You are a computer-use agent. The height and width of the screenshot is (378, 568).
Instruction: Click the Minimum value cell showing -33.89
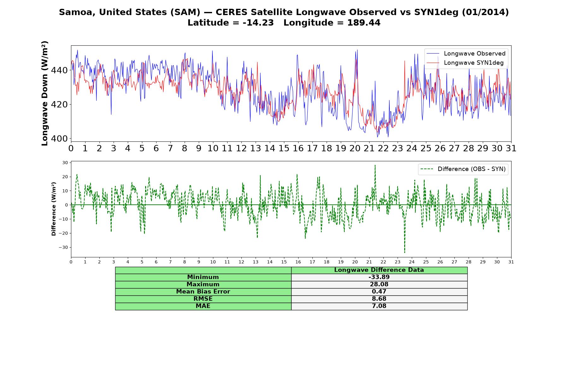tap(379, 277)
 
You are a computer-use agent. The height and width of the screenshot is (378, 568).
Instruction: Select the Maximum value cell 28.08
tap(379, 284)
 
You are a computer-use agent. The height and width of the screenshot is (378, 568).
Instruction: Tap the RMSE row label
tap(203, 299)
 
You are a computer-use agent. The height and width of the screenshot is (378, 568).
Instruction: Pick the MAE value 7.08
tap(379, 306)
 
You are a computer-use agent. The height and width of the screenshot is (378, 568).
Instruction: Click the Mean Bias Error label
tap(203, 292)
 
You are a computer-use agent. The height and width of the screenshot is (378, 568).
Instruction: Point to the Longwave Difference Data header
tap(379, 270)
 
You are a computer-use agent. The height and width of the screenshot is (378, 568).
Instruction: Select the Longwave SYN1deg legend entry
tap(465, 63)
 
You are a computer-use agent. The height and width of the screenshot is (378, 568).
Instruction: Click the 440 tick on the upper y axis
tap(59, 70)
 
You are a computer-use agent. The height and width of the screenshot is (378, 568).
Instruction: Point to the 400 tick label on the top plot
tap(59, 139)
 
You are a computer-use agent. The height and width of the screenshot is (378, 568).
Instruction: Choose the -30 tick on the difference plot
tap(63, 248)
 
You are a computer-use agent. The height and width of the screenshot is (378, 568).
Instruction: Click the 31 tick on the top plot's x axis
tap(511, 148)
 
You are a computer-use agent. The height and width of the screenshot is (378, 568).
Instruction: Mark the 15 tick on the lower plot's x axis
tap(284, 262)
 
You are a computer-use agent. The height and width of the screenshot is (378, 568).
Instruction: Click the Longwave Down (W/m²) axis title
tap(45, 93)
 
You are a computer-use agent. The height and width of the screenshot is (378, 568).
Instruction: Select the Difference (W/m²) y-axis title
tap(54, 209)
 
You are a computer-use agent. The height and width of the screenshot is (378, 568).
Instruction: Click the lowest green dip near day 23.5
tap(405, 252)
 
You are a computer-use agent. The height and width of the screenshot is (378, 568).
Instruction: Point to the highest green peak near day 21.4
tap(375, 165)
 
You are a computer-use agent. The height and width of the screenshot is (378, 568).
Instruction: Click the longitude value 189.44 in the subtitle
tap(364, 23)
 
